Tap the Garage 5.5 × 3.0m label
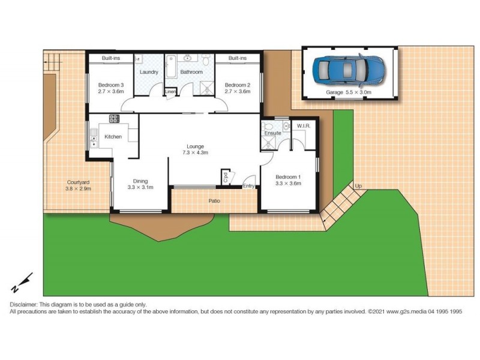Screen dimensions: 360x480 [x=349, y=93]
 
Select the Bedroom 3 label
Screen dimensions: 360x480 [x=111, y=88]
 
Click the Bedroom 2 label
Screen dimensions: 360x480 [x=237, y=88]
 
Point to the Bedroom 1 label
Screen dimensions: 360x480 [x=288, y=180]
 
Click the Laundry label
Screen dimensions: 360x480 [x=148, y=72]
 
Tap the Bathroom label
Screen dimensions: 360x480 [x=191, y=72]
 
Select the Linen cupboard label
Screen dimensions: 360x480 [x=171, y=92]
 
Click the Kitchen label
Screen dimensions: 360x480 [x=113, y=137]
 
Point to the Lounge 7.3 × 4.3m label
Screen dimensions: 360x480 [x=196, y=149]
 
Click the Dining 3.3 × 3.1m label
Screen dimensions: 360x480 [x=140, y=184]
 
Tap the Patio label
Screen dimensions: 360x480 [x=214, y=201]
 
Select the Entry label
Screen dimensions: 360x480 [x=248, y=186]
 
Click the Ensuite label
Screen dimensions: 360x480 [x=272, y=133]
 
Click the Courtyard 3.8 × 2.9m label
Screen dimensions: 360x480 [x=78, y=185]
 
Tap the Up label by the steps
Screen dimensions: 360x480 [x=359, y=186]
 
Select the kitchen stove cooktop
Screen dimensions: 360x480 [x=114, y=118]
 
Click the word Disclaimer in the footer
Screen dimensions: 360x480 [x=23, y=305]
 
